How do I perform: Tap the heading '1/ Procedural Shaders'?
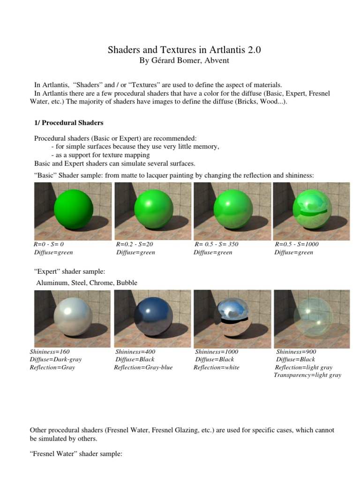click(68, 123)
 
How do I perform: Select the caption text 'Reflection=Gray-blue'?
click(143, 367)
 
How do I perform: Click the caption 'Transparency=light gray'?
click(307, 375)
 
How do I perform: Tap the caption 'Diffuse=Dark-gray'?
click(56, 360)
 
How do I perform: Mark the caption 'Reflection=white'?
click(217, 367)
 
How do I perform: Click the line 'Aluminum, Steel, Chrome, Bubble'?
click(87, 283)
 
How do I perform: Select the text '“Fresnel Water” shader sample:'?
click(76, 454)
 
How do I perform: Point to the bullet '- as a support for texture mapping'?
click(100, 155)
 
